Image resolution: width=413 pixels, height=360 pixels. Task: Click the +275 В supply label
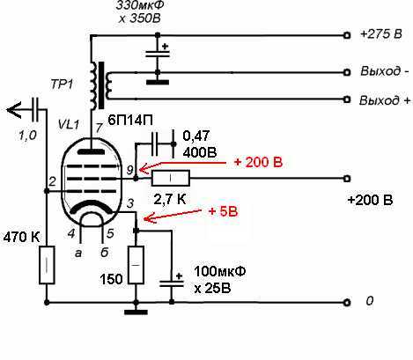point(380,34)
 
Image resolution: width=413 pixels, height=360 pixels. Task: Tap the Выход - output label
point(384,71)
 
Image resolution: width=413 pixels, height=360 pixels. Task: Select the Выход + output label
point(385,100)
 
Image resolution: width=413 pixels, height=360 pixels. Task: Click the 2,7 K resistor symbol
point(171,178)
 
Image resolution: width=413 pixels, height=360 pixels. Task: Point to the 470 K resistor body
point(47,265)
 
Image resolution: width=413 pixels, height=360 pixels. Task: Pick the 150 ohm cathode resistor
point(136,265)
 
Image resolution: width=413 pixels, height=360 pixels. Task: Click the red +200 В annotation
point(258,162)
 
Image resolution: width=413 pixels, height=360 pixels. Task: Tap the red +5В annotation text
point(223,211)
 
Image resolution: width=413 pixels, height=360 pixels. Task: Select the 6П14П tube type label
point(130,121)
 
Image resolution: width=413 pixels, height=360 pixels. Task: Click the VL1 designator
point(69,125)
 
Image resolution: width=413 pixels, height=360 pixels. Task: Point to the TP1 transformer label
point(62,84)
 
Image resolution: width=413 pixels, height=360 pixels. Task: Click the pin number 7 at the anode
point(100,128)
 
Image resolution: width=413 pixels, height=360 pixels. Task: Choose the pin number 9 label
point(130,170)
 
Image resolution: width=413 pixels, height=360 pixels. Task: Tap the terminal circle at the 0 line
point(347,302)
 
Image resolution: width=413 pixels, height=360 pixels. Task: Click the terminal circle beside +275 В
point(347,35)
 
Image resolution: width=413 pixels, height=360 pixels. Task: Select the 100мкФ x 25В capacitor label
point(219,280)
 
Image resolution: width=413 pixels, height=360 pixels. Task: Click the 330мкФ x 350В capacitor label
point(140,11)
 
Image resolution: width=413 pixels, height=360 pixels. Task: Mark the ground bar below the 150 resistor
point(136,312)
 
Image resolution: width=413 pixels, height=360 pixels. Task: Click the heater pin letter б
point(105,253)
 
